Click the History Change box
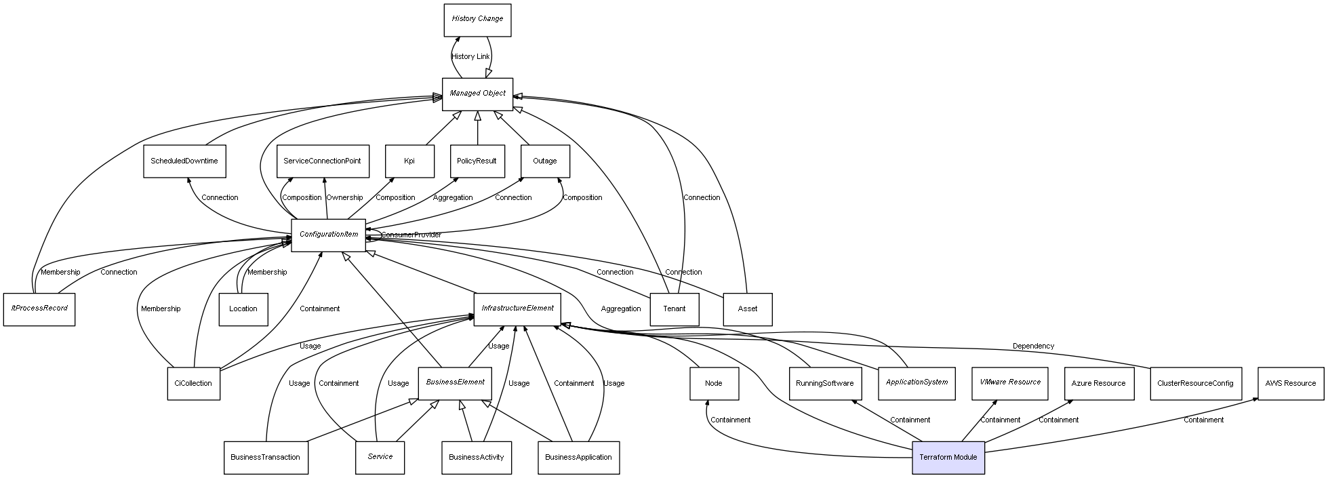click(477, 20)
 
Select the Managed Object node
click(477, 94)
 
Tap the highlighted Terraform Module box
click(948, 457)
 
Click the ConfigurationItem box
click(328, 235)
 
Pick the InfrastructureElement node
click(517, 308)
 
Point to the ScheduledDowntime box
click(184, 161)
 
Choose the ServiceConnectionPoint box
click(323, 161)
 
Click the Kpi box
click(409, 161)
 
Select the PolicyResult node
click(477, 161)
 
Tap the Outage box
click(545, 161)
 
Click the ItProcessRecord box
click(39, 308)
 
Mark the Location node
click(243, 309)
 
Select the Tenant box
click(675, 309)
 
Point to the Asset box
click(748, 309)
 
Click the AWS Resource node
click(1291, 383)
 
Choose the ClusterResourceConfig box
click(1196, 383)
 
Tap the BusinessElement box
click(455, 382)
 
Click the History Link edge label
click(470, 57)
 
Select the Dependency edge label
click(1033, 346)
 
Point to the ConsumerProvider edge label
click(411, 235)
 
